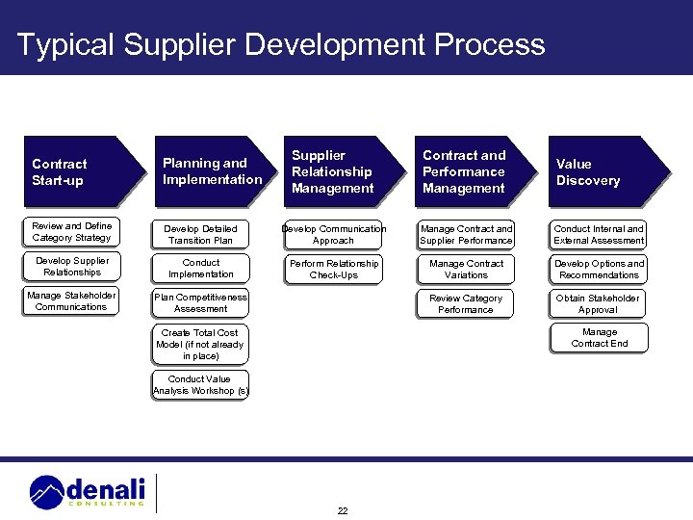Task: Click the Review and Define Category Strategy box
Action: pos(71,232)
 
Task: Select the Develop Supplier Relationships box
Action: pos(71,267)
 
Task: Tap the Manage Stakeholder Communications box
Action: pos(71,301)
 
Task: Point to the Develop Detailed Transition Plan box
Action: pos(200,235)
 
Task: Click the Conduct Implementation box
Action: pos(200,269)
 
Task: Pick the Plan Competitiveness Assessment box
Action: pos(200,303)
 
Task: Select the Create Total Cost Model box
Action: pos(200,344)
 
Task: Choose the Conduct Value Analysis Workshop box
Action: pos(200,385)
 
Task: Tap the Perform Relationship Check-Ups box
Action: pos(333,270)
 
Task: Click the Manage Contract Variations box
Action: pos(466,270)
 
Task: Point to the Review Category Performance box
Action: pos(466,304)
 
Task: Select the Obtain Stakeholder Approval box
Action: pos(598,304)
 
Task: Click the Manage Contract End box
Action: pos(599,338)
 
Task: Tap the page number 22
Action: pos(343,510)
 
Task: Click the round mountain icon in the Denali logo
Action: pos(47,492)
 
